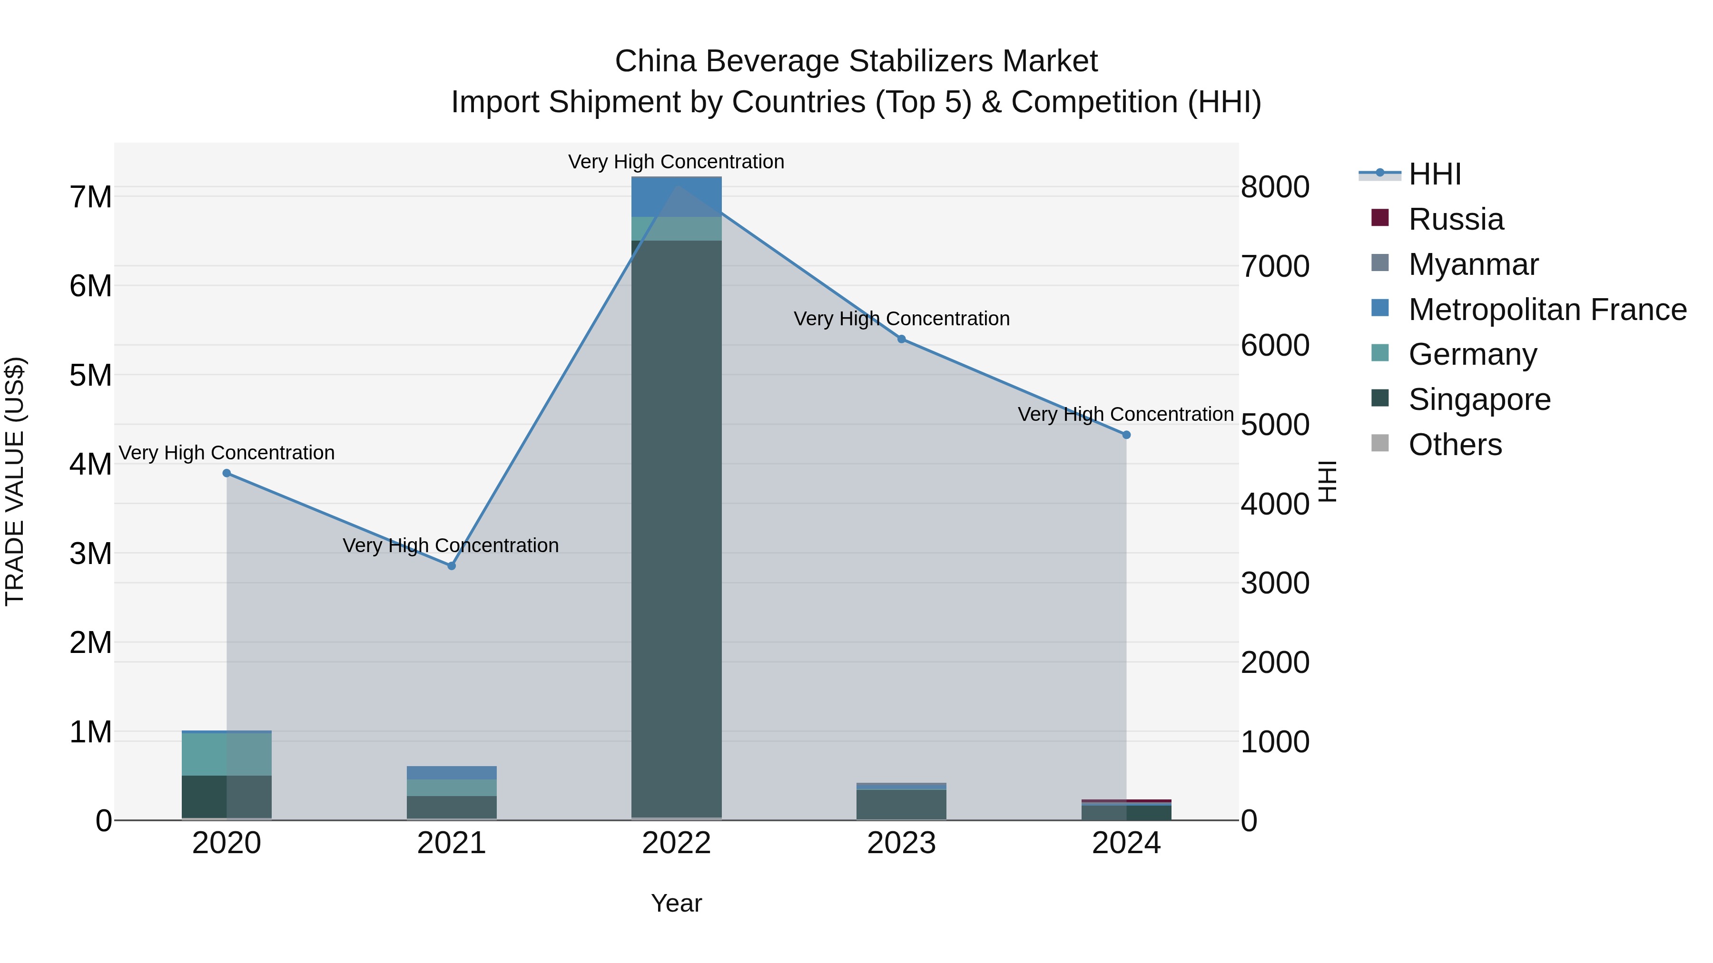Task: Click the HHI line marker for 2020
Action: (x=227, y=473)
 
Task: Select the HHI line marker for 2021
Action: (x=452, y=565)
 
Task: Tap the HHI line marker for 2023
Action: (x=902, y=339)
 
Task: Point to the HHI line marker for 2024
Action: (x=1126, y=435)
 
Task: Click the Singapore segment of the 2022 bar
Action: (x=676, y=532)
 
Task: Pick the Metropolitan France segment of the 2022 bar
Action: (x=676, y=197)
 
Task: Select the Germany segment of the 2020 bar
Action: (x=227, y=754)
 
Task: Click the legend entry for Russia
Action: (x=1456, y=219)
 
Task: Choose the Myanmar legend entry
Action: (x=1473, y=264)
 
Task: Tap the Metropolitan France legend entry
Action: (x=1547, y=310)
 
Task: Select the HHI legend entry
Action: (x=1434, y=174)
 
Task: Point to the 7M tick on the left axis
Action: (x=90, y=197)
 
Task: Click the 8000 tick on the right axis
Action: (x=1275, y=187)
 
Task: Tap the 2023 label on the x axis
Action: (x=901, y=843)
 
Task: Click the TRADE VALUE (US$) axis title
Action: (x=15, y=481)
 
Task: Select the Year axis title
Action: (x=676, y=903)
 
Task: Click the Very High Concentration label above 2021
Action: (x=451, y=545)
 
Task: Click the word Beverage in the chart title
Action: (x=773, y=61)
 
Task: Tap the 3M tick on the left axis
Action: (x=90, y=554)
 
